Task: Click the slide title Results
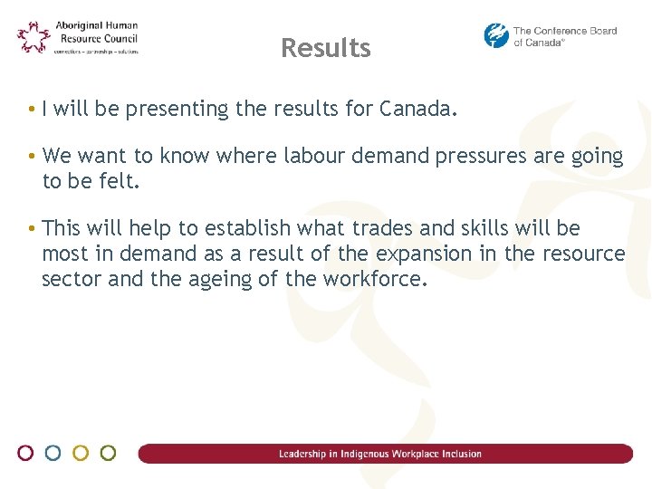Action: pyautogui.click(x=326, y=48)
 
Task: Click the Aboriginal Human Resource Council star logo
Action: pyautogui.click(x=34, y=37)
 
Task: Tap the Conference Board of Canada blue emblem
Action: pyautogui.click(x=496, y=35)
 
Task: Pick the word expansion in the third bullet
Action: pyautogui.click(x=424, y=254)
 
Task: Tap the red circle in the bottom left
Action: pyautogui.click(x=26, y=453)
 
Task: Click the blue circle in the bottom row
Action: pyautogui.click(x=53, y=453)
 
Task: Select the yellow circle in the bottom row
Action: pyautogui.click(x=81, y=453)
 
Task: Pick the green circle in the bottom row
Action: pyautogui.click(x=108, y=453)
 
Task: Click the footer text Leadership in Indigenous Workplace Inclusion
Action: pyautogui.click(x=380, y=454)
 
